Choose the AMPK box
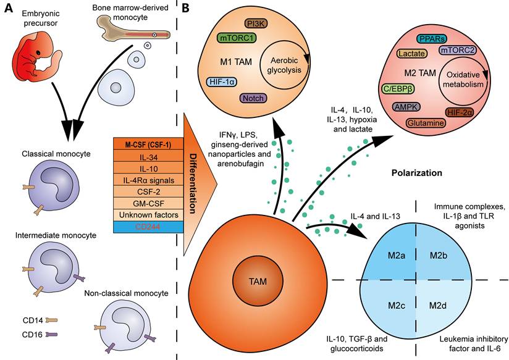[406, 107]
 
